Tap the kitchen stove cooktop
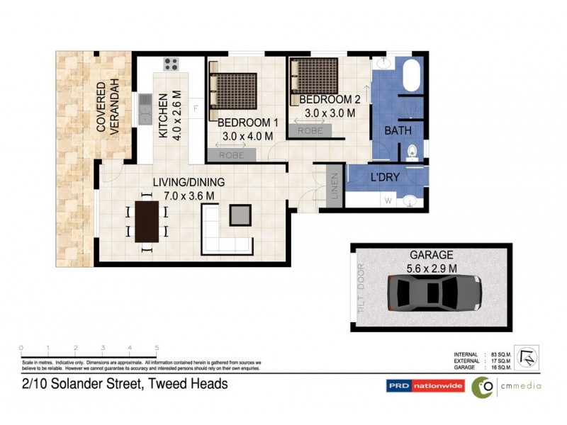pyautogui.click(x=171, y=65)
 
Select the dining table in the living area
pyautogui.click(x=147, y=221)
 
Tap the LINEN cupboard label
pyautogui.click(x=335, y=186)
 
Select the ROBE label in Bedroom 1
pyautogui.click(x=232, y=154)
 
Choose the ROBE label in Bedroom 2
pyautogui.click(x=310, y=130)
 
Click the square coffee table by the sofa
pyautogui.click(x=240, y=214)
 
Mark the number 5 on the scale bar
pyautogui.click(x=157, y=348)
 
